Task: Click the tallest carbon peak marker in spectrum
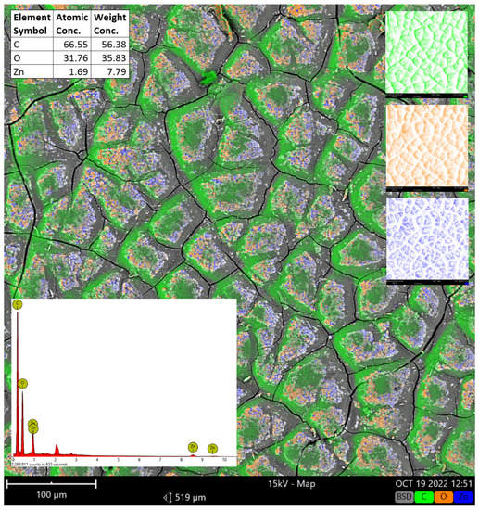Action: point(18,304)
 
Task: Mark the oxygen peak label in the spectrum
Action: point(22,381)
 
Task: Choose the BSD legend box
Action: point(404,498)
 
